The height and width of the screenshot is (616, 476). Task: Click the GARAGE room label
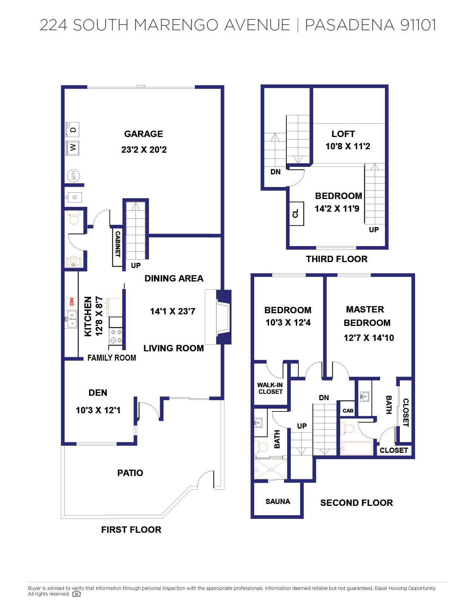pyautogui.click(x=143, y=134)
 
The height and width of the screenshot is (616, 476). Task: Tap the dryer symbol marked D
pyautogui.click(x=72, y=130)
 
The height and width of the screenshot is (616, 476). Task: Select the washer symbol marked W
pyautogui.click(x=72, y=148)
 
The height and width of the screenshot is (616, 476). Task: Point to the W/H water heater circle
pyautogui.click(x=73, y=175)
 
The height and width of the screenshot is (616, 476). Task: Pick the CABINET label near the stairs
pyautogui.click(x=118, y=244)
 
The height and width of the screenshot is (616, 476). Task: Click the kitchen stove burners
pyautogui.click(x=116, y=336)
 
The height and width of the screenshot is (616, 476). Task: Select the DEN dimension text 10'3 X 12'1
pyautogui.click(x=98, y=410)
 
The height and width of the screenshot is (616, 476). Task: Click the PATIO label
pyautogui.click(x=130, y=473)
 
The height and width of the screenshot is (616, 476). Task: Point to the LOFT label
pyautogui.click(x=343, y=134)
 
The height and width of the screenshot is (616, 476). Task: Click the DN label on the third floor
pyautogui.click(x=276, y=172)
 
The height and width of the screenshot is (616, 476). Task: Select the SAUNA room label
pyautogui.click(x=277, y=501)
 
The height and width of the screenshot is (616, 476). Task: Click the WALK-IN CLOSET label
pyautogui.click(x=270, y=388)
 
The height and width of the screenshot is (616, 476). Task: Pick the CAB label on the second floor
pyautogui.click(x=348, y=411)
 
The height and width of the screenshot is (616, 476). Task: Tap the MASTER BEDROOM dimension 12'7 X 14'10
pyautogui.click(x=368, y=338)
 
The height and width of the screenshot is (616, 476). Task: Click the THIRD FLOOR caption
pyautogui.click(x=336, y=259)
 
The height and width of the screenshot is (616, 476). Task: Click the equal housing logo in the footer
pyautogui.click(x=77, y=594)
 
